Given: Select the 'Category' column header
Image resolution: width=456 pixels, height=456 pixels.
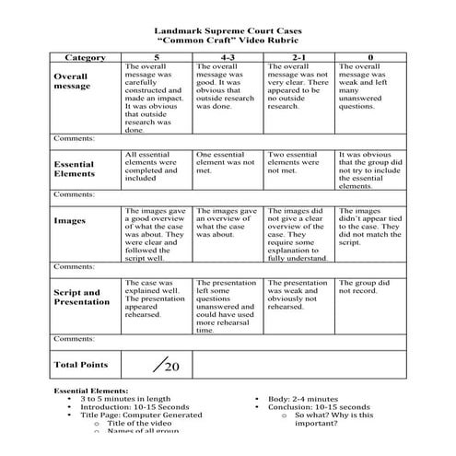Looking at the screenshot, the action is [x=86, y=57].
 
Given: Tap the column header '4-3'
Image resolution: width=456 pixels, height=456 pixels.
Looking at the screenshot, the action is [x=228, y=57].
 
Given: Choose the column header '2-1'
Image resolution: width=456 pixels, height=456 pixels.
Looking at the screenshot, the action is [x=298, y=57].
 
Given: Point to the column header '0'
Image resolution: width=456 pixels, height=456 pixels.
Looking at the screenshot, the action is [x=369, y=57].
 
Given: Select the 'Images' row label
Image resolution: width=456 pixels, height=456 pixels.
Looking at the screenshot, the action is [x=70, y=221].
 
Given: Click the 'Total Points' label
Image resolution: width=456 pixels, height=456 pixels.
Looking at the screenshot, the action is [x=81, y=365].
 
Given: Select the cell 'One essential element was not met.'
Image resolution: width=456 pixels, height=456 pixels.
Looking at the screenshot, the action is [x=227, y=161].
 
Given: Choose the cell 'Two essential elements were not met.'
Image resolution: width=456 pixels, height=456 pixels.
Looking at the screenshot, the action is [x=297, y=161].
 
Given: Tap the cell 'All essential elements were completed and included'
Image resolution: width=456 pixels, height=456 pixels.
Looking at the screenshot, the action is [x=155, y=167].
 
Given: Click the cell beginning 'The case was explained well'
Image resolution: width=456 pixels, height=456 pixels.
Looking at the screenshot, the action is [x=154, y=297].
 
